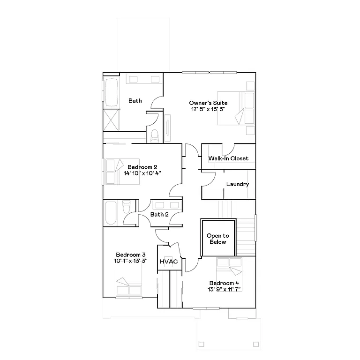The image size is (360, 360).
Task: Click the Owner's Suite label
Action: pos(208,103)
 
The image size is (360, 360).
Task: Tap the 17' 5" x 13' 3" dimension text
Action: pos(208,109)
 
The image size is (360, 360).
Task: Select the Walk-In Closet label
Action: pos(229,158)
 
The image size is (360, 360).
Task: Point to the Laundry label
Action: pos(237,184)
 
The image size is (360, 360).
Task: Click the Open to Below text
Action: pos(217,239)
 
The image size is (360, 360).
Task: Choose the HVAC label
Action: pos(168,262)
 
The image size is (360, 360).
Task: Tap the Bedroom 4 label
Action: pos(224,283)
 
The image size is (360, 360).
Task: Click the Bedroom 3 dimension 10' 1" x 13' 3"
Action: pos(131,261)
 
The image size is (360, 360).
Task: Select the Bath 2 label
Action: pos(159,215)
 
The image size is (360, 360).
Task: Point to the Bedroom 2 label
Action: pos(142,167)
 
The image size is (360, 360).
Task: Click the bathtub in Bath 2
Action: pos(112,212)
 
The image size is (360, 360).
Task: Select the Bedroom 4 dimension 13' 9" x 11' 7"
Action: pos(224,290)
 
